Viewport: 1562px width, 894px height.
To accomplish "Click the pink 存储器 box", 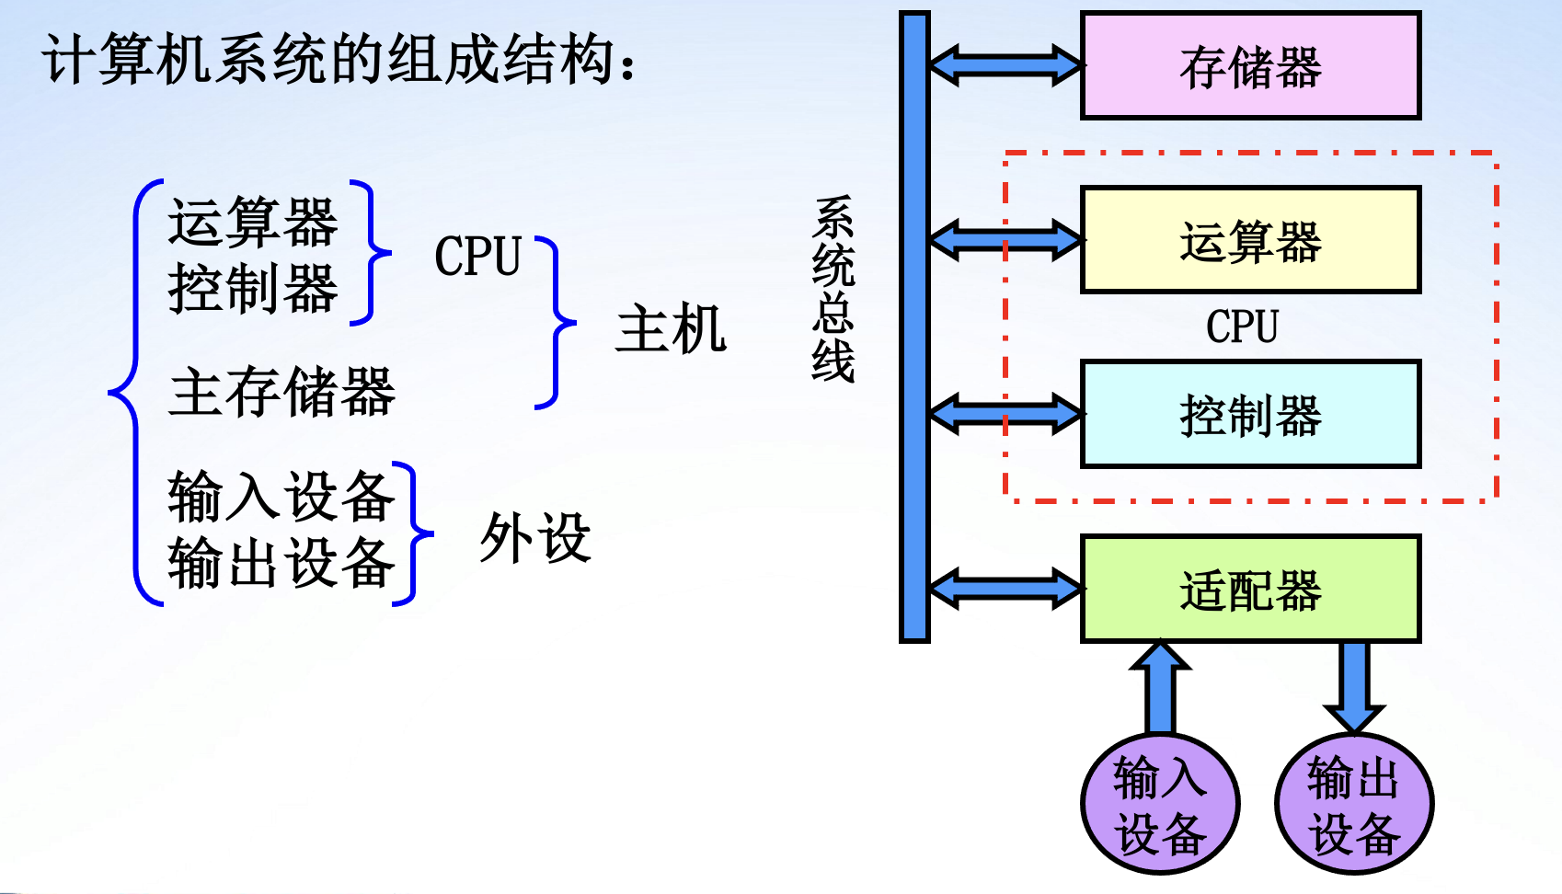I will (1250, 66).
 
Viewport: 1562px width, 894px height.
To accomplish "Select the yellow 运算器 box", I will (1250, 240).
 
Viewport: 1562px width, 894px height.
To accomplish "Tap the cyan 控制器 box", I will (1250, 415).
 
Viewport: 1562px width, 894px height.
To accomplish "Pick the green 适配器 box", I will (1250, 589).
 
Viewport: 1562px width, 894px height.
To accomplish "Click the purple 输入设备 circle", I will (1160, 804).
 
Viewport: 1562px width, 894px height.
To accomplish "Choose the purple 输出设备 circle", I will (1354, 804).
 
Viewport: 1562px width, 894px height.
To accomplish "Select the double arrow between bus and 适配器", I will (1005, 589).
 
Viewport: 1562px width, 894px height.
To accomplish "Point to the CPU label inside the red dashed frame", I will (1242, 327).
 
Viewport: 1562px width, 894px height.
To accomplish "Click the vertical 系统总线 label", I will (833, 290).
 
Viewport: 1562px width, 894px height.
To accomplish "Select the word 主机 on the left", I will (671, 329).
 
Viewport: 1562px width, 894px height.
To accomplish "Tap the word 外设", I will (534, 537).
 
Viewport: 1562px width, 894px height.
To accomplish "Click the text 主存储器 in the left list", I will (281, 392).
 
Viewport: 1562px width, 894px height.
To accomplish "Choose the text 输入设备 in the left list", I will (281, 497).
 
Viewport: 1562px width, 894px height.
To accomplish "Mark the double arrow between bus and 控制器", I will (1005, 415).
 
